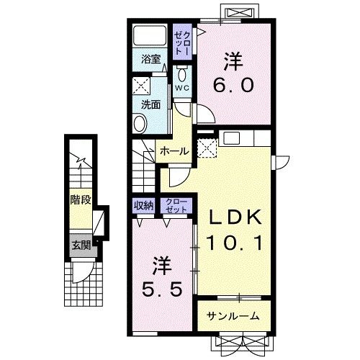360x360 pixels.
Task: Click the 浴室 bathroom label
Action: (x=150, y=59)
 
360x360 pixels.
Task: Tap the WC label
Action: (x=181, y=88)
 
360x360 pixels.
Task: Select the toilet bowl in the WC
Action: (x=181, y=74)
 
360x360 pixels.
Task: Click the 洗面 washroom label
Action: (x=150, y=104)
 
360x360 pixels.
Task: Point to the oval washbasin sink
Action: (x=140, y=124)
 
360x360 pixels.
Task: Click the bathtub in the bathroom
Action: (x=150, y=35)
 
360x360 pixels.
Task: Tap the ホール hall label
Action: (x=174, y=151)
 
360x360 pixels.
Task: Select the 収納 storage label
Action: (x=143, y=205)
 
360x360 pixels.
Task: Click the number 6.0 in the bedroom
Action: (x=233, y=85)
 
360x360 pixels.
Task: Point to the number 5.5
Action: (x=162, y=289)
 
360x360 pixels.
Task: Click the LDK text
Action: (x=235, y=217)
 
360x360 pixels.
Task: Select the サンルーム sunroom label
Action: (x=233, y=316)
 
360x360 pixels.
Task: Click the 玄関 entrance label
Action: (x=81, y=246)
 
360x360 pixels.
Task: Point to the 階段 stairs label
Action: (x=81, y=199)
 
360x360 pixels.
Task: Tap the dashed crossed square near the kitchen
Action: (x=207, y=148)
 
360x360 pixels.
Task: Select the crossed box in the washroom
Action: (x=142, y=86)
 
